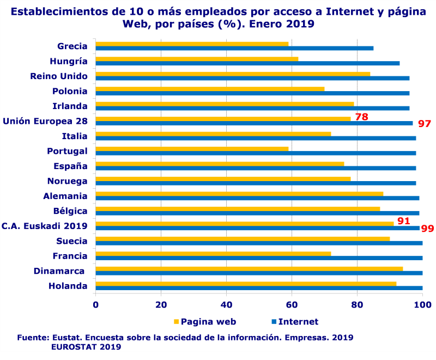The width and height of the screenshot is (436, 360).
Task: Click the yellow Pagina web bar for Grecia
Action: click(192, 44)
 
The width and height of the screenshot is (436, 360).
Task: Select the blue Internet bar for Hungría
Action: click(247, 63)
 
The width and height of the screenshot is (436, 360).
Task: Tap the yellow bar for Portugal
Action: click(192, 149)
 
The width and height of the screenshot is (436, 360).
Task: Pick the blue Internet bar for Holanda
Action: click(259, 288)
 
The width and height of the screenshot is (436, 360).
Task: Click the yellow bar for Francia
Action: click(213, 254)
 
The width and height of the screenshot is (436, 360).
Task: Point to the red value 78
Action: click(362, 117)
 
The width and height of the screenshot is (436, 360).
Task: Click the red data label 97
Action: click(425, 124)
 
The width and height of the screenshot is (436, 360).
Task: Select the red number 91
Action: click(403, 221)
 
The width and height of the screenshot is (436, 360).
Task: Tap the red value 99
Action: click(428, 229)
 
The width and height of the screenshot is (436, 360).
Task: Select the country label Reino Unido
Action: click(59, 76)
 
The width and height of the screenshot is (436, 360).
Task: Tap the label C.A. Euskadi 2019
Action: click(45, 226)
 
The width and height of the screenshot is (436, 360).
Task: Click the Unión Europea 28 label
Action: click(45, 121)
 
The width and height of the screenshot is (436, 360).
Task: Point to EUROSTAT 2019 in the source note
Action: click(86, 346)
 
